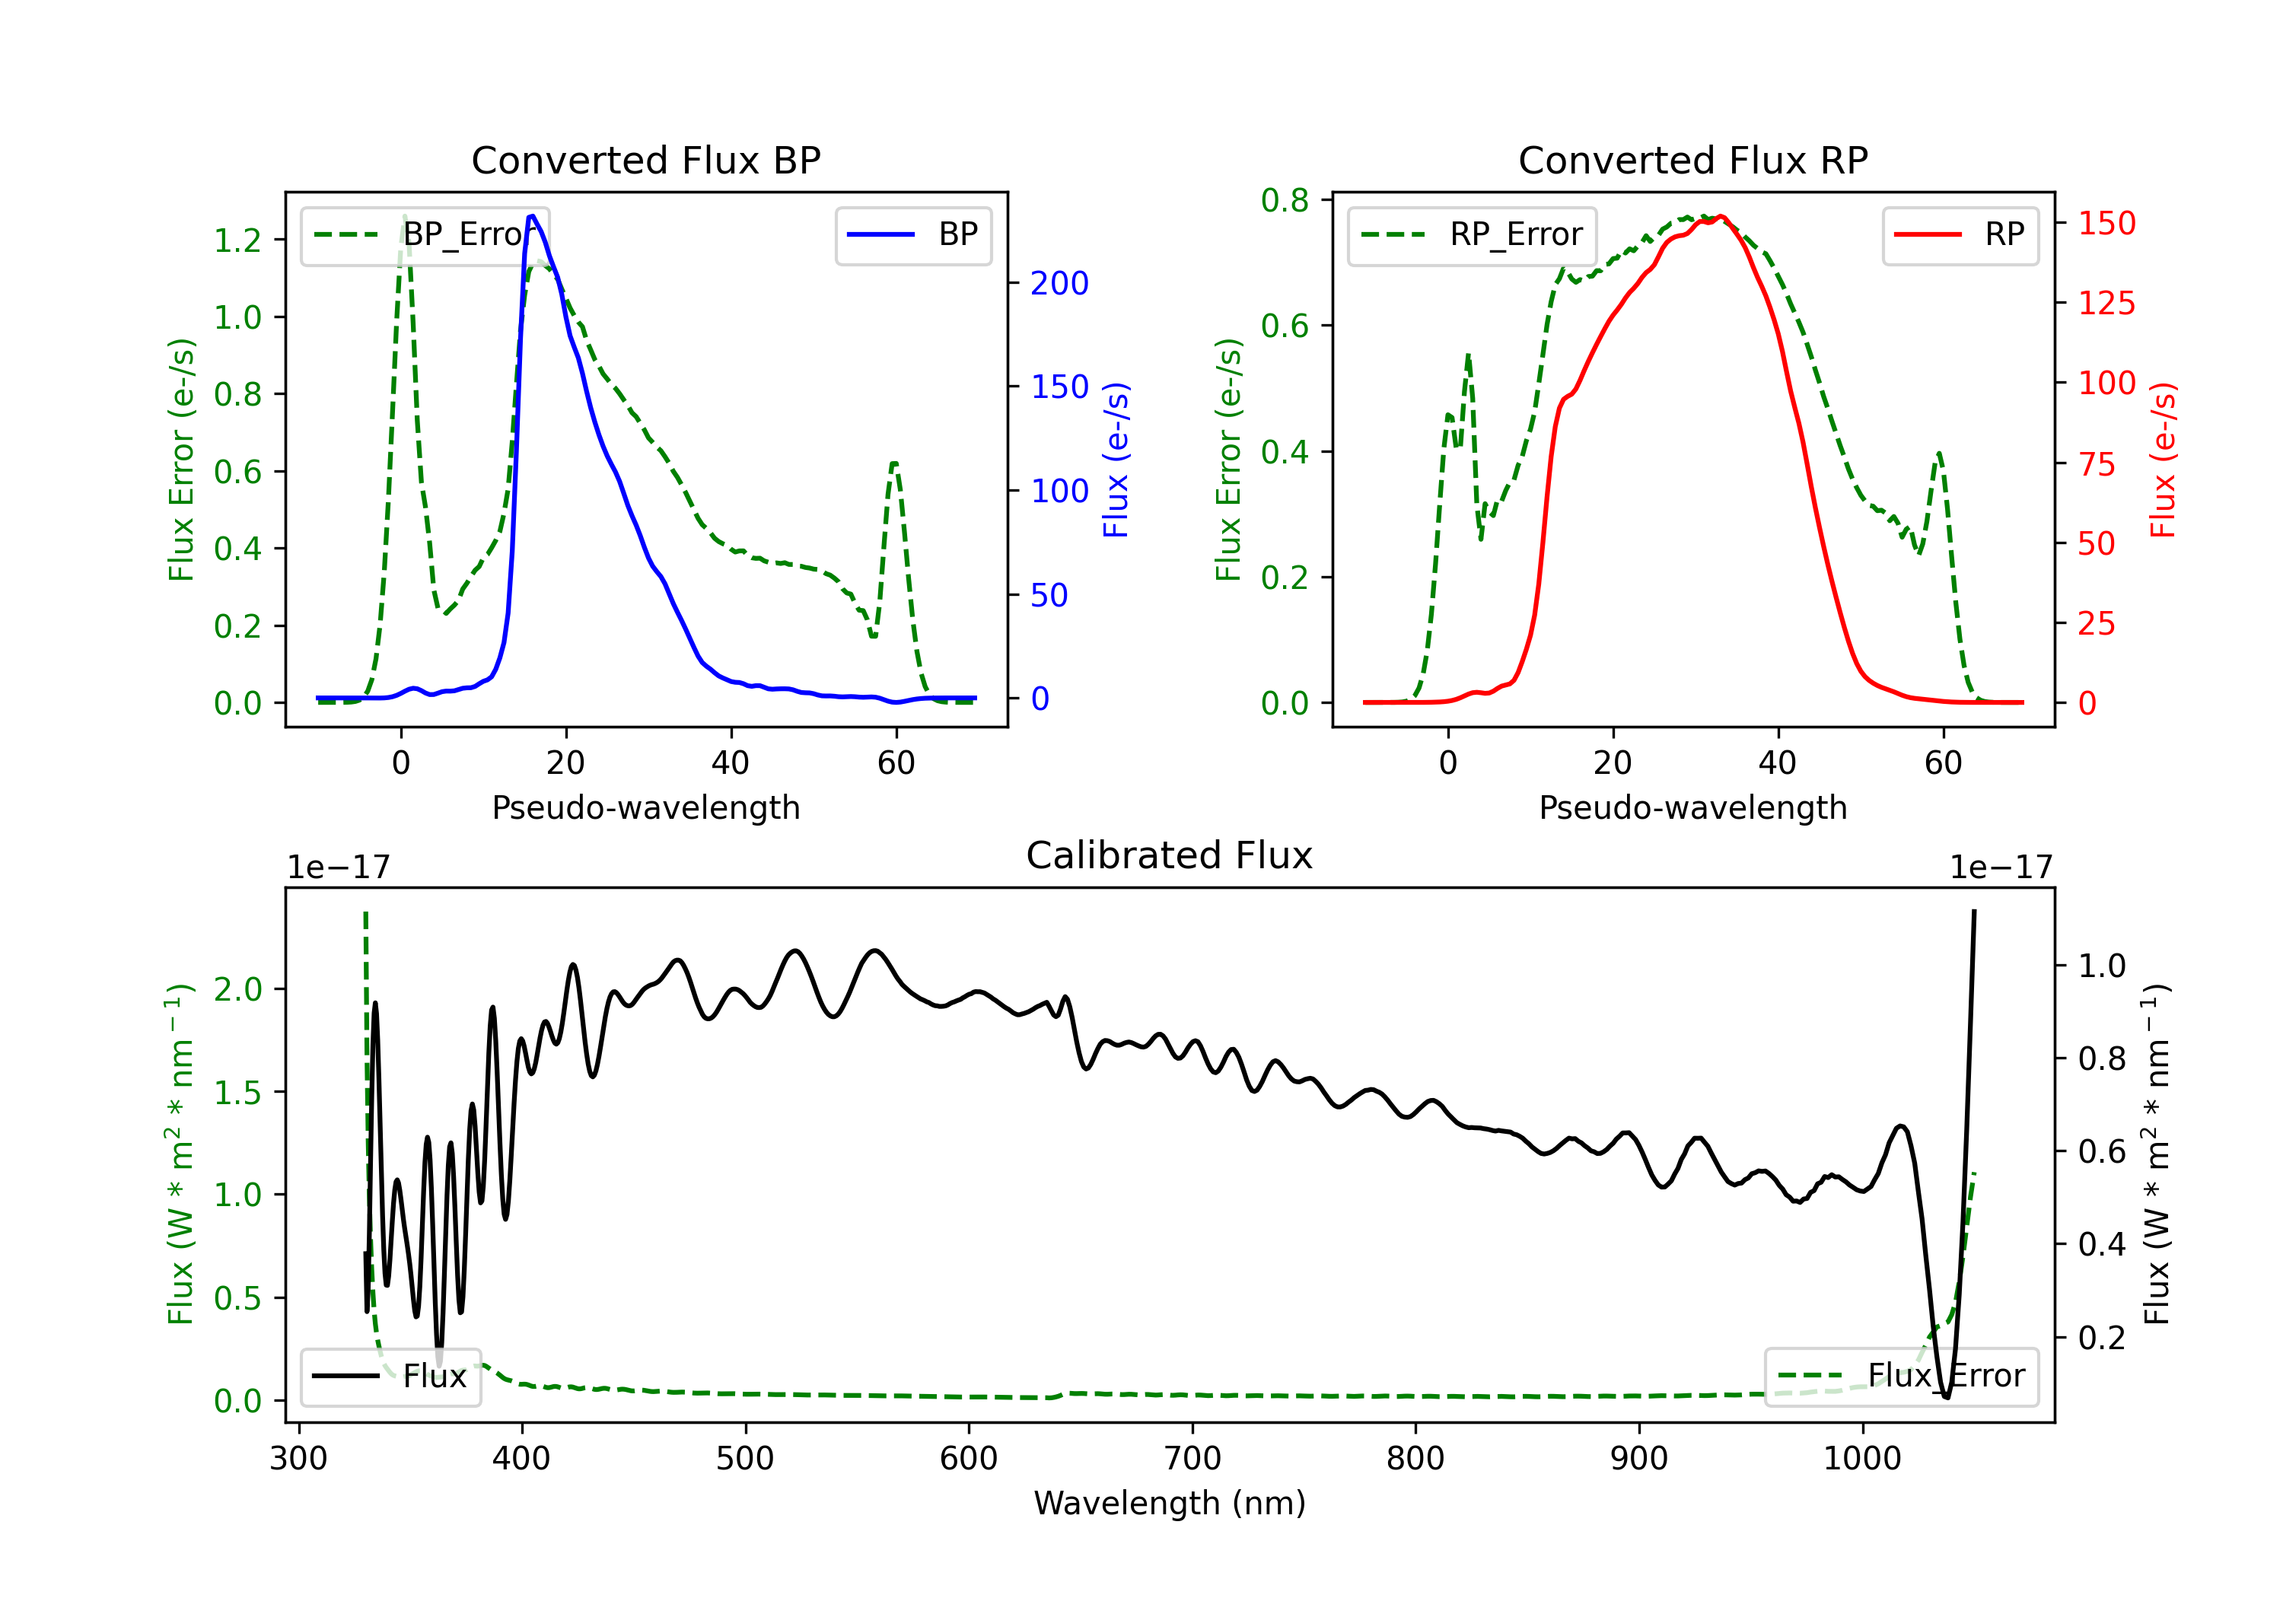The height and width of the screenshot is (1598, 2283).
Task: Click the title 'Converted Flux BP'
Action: click(645, 160)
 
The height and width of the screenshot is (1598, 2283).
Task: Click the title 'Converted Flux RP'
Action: click(1692, 160)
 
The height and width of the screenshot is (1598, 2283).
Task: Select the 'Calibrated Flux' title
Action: click(1170, 855)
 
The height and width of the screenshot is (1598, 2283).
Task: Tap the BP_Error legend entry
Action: click(425, 234)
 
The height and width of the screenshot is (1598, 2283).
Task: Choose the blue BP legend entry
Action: click(912, 234)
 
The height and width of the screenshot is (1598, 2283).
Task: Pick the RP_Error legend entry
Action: click(1472, 234)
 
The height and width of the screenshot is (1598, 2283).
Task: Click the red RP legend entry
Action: click(1960, 234)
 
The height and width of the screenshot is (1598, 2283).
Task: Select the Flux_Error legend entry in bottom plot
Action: click(1901, 1377)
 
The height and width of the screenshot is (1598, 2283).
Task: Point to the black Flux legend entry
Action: click(390, 1377)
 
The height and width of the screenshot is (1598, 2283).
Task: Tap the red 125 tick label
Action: click(2106, 304)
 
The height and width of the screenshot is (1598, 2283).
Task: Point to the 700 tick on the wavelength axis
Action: click(1192, 1459)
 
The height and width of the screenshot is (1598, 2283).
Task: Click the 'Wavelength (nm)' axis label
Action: click(1170, 1503)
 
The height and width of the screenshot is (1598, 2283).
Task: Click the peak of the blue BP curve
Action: click(533, 216)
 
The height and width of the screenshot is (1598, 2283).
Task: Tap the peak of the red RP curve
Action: click(1721, 217)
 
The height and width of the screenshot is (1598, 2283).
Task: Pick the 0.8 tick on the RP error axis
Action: click(1285, 200)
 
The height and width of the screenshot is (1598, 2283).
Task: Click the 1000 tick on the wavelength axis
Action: click(1862, 1459)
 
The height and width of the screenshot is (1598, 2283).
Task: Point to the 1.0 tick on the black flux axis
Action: click(2102, 966)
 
